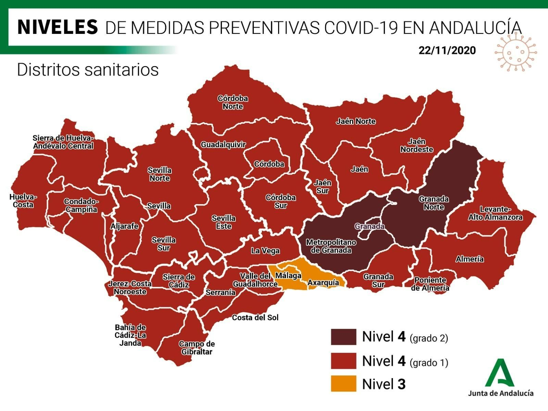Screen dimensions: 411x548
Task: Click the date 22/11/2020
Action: pos(447,50)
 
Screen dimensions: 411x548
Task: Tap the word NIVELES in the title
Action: pos(58,27)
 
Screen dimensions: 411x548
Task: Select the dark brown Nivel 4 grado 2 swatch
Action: pos(343,337)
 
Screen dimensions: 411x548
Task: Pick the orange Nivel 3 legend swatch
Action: pos(343,384)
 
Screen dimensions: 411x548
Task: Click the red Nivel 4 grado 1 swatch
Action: pos(343,361)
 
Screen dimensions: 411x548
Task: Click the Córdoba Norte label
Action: pos(233,102)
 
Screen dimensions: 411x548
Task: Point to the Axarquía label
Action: pos(323,283)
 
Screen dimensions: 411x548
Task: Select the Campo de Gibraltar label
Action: pos(197,348)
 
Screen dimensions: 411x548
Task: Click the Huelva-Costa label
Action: pos(23,201)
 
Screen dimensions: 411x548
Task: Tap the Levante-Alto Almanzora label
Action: pos(495,213)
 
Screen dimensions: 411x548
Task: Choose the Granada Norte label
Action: pos(434,203)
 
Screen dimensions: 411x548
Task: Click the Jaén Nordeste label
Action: pos(416,146)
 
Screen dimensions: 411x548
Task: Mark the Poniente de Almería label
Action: pos(430,284)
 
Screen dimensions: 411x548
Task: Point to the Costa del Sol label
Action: pos(255,317)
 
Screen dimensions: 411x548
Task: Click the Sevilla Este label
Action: pos(223,222)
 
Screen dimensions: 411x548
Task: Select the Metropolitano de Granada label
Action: pos(331,246)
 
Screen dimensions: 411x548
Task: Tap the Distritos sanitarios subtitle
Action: pos(88,70)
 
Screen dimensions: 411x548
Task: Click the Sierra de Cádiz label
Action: pos(178,281)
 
